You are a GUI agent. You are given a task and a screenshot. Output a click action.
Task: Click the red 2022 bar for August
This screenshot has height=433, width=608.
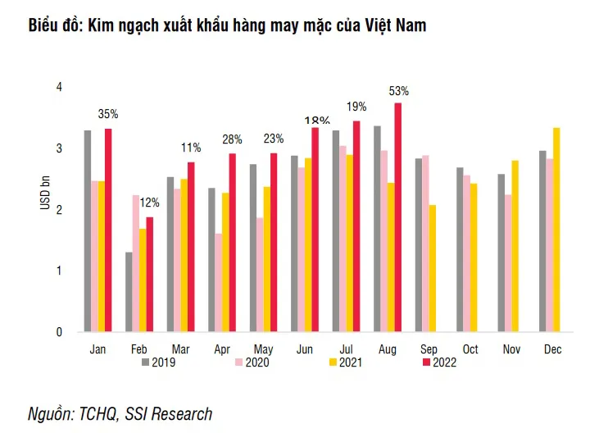(x=398, y=217)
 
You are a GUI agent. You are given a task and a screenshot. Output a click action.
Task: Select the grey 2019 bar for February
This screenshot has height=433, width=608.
(x=129, y=291)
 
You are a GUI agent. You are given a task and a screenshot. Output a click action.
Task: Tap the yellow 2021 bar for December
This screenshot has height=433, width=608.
(x=556, y=230)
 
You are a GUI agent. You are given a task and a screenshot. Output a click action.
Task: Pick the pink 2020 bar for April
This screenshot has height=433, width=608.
(x=218, y=282)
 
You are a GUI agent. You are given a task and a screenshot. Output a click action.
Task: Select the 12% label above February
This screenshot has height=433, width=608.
(x=149, y=203)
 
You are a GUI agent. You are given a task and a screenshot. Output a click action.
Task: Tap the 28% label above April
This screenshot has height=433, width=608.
(x=233, y=139)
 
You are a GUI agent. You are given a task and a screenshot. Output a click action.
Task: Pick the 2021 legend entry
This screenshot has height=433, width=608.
(x=348, y=362)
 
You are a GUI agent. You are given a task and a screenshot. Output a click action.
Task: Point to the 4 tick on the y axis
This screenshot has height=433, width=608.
(x=59, y=87)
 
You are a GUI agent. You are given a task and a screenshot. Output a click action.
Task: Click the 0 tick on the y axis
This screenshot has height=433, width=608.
(x=59, y=332)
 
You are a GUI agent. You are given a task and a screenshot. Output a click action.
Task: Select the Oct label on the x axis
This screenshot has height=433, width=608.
(x=470, y=350)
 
